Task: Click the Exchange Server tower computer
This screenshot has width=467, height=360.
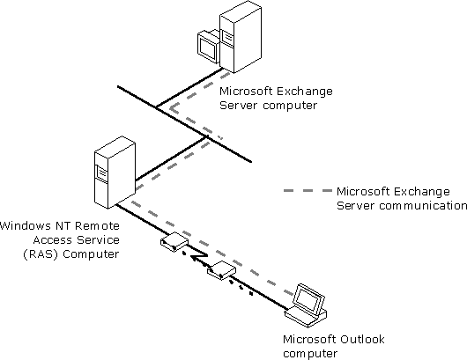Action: (241, 36)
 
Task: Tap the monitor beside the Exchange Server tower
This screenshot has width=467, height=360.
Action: (208, 46)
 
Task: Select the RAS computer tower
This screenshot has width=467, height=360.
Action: (115, 172)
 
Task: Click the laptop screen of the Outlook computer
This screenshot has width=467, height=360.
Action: (308, 299)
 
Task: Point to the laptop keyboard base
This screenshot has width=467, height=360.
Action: (306, 317)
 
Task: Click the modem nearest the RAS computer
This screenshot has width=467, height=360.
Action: (174, 241)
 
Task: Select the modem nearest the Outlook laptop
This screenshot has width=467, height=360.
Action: (221, 270)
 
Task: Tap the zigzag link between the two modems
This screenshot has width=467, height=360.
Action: (198, 258)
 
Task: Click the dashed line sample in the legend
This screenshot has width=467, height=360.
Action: (308, 190)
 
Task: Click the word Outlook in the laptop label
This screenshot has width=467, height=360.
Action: (363, 339)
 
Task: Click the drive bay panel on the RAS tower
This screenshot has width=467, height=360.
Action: (100, 173)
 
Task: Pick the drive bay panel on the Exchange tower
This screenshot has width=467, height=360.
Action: (226, 37)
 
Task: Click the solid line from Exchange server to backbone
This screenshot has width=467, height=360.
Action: (189, 87)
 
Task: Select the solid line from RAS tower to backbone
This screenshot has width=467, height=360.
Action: (171, 158)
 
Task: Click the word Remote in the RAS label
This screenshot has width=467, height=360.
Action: (97, 226)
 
